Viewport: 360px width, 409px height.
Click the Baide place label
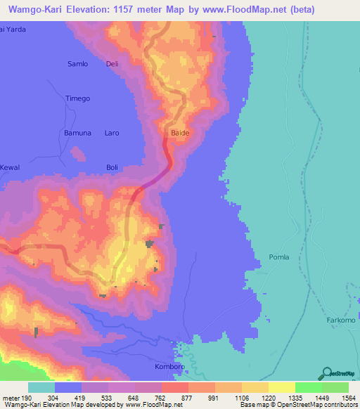coord(180,132)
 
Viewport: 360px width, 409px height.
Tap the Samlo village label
coord(77,64)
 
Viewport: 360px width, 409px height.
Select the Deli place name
coord(112,64)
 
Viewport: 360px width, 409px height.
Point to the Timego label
coord(77,98)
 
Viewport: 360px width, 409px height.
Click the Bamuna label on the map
coord(77,133)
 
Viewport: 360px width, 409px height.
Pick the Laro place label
coord(112,133)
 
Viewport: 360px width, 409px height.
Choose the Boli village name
coord(112,167)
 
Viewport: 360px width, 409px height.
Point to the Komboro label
coord(169,367)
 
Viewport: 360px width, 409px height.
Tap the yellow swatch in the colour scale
coord(281,387)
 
